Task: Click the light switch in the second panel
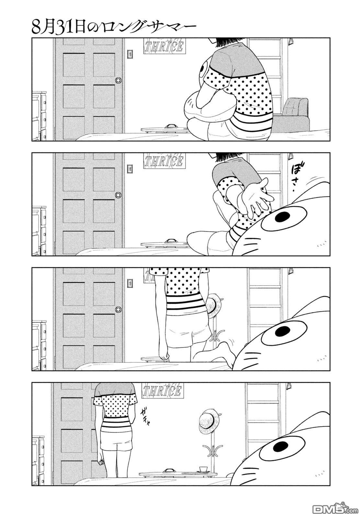coord(130,169)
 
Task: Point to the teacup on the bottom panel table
coord(203,469)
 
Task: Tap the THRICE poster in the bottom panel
coord(162,391)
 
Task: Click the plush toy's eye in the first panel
coord(203,68)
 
